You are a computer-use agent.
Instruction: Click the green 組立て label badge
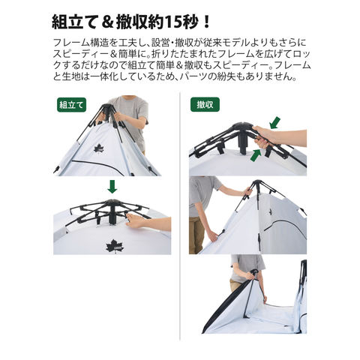[x=71, y=105]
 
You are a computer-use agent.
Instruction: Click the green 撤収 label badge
[x=205, y=104]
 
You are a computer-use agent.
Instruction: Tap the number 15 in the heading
[x=174, y=22]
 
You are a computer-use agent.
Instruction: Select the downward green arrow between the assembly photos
[x=112, y=187]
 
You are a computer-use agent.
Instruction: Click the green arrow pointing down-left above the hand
[x=274, y=123]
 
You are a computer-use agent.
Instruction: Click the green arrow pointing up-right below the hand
[x=256, y=154]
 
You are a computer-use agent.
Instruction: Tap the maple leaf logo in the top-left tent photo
[x=99, y=148]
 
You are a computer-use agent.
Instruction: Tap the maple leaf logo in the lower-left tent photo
[x=115, y=246]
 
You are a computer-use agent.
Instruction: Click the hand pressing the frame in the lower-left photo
[x=136, y=220]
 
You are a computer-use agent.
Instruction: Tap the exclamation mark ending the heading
[x=206, y=22]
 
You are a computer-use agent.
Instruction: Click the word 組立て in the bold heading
[x=74, y=22]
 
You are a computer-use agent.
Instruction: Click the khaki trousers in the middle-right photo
[x=196, y=235]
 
